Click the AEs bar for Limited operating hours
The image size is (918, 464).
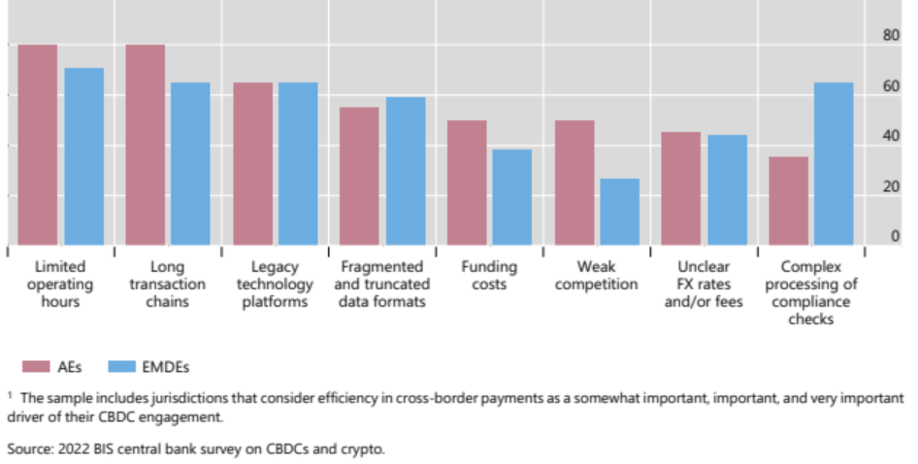(38, 145)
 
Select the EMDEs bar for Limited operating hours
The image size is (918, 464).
(83, 156)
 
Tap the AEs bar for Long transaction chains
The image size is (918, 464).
(145, 145)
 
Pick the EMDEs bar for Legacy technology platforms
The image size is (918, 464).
(298, 163)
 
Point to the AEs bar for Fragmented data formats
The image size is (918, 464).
(359, 176)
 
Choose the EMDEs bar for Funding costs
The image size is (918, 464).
(511, 197)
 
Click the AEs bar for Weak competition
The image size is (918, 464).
(574, 182)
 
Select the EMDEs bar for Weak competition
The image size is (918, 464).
(619, 212)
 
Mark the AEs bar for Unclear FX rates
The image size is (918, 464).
(680, 188)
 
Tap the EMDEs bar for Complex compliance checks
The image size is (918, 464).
(834, 163)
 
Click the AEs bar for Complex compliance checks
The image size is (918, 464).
(788, 201)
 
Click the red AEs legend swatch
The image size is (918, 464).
(36, 366)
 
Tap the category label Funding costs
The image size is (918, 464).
(488, 275)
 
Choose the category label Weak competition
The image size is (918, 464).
(595, 275)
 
